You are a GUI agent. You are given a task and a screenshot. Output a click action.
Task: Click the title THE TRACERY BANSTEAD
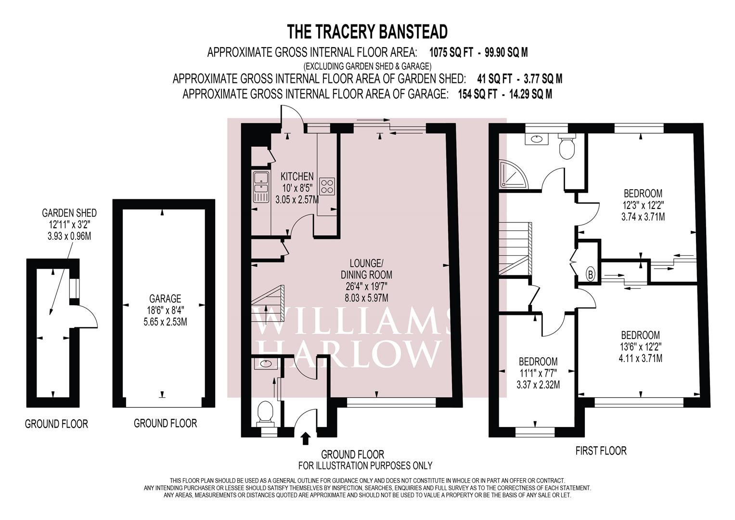point(367,32)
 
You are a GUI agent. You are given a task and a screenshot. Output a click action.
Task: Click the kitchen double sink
point(261,187)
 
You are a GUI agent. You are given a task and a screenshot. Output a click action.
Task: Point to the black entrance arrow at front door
point(305,439)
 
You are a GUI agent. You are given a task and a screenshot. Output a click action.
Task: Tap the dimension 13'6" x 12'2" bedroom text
point(641,347)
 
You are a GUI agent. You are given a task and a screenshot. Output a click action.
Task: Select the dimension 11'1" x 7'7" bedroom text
point(538,373)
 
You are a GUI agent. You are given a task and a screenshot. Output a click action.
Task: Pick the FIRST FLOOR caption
point(601,451)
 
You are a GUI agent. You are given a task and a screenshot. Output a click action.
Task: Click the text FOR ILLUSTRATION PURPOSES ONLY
point(365,466)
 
